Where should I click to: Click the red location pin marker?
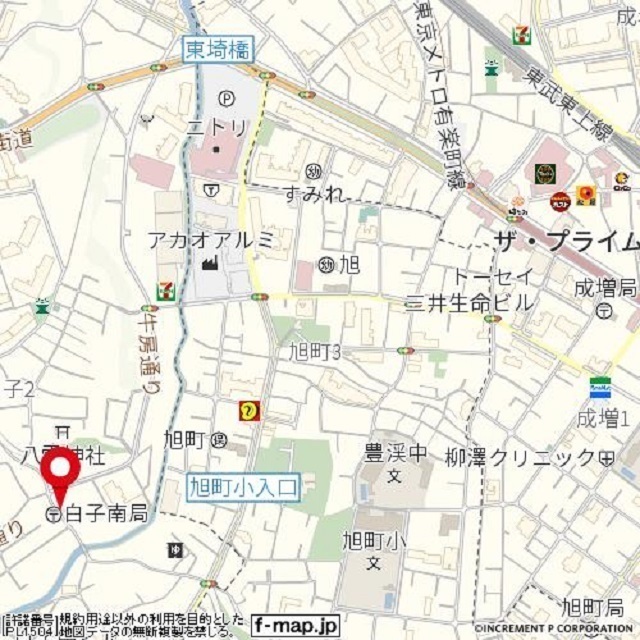click(61, 474)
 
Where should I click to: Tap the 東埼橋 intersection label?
click(219, 48)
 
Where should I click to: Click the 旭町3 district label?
click(315, 351)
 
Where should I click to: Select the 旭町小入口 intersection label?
click(243, 488)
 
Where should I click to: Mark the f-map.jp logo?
click(296, 623)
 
